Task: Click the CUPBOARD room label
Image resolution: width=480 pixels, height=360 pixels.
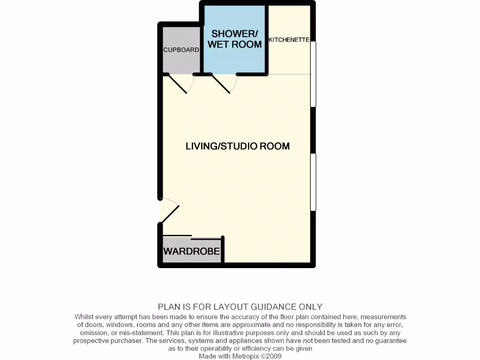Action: click(x=181, y=50)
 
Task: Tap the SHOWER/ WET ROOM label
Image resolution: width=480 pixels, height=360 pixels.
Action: click(x=234, y=39)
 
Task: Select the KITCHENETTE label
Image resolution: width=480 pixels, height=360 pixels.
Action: click(x=289, y=40)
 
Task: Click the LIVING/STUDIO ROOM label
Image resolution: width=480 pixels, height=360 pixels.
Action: click(x=238, y=146)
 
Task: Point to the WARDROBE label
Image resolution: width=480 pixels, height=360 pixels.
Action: click(x=191, y=251)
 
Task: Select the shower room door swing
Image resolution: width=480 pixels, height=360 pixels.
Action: click(x=222, y=85)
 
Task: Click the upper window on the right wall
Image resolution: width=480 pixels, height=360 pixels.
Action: click(x=314, y=74)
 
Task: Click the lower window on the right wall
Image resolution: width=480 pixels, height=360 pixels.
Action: click(x=314, y=182)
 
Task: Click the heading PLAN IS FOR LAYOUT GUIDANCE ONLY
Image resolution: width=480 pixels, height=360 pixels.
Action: click(x=240, y=307)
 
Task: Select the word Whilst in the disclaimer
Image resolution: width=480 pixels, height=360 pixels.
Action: click(x=85, y=317)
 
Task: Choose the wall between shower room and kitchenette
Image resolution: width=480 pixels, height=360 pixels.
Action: click(x=267, y=40)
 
